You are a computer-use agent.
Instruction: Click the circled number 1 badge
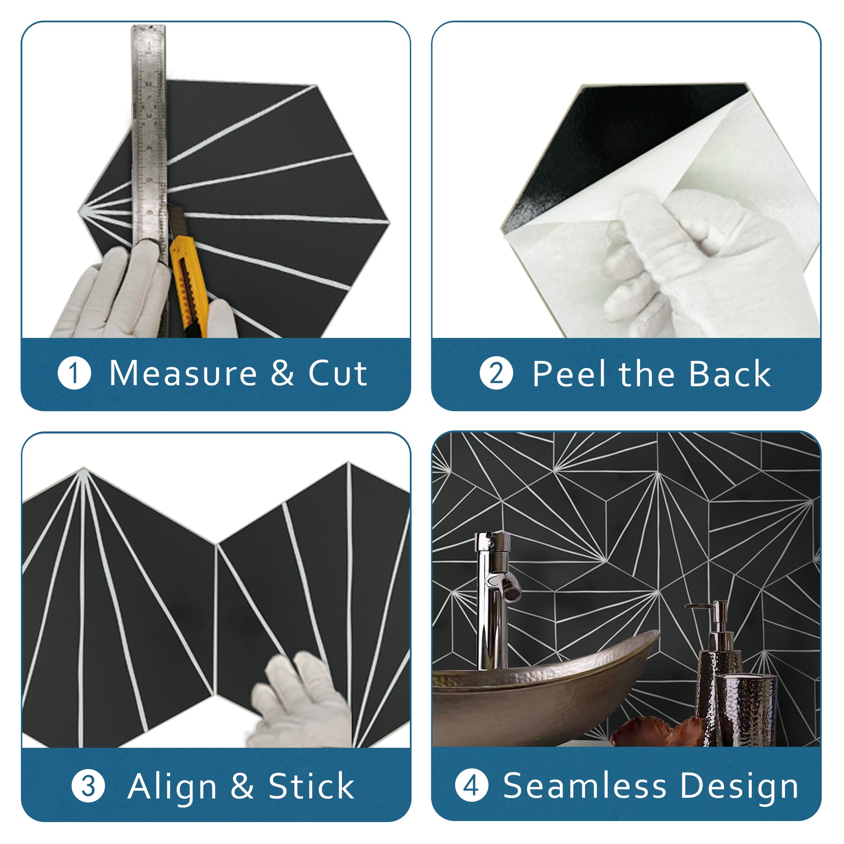tap(74, 373)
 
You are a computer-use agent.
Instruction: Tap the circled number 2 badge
tap(496, 373)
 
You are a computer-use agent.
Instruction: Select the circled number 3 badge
tap(88, 786)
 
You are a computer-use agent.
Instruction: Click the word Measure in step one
tap(183, 374)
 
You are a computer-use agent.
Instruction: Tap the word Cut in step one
tap(338, 374)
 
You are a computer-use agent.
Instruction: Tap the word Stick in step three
tap(311, 786)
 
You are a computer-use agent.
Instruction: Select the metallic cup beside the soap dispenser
tap(745, 709)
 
